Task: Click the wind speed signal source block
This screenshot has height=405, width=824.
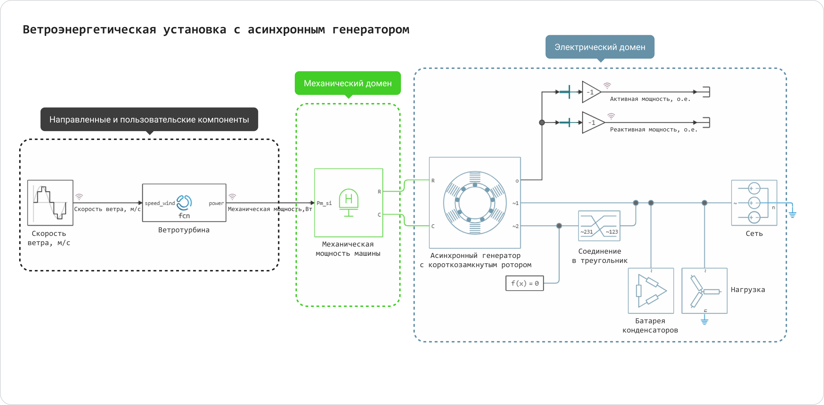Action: point(50,203)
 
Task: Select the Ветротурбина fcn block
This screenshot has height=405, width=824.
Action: point(184,203)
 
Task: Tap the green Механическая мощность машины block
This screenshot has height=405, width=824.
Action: point(348,203)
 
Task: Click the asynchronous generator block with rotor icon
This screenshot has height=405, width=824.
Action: point(475,203)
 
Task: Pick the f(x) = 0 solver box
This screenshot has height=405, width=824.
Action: point(525,283)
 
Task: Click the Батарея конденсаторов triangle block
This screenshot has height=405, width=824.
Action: point(651,291)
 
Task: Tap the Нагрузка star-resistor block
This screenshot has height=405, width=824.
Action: point(704,291)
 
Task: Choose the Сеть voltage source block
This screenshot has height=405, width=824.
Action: point(754,203)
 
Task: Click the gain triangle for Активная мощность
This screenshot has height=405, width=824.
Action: point(591,92)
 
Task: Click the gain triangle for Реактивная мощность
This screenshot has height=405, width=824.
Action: point(592,123)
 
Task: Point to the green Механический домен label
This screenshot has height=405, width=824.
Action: point(348,83)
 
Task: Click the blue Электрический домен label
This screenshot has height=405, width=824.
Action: point(600,47)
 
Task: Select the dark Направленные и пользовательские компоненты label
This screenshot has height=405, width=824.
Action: point(149,119)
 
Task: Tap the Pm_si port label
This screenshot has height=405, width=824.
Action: point(324,203)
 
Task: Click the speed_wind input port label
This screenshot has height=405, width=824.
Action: point(159,203)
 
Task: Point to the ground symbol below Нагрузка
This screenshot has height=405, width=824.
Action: point(705,322)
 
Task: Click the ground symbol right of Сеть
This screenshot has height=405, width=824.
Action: point(792,214)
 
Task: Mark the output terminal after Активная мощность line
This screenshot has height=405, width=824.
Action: point(706,92)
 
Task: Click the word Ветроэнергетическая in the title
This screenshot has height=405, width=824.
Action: point(89,29)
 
